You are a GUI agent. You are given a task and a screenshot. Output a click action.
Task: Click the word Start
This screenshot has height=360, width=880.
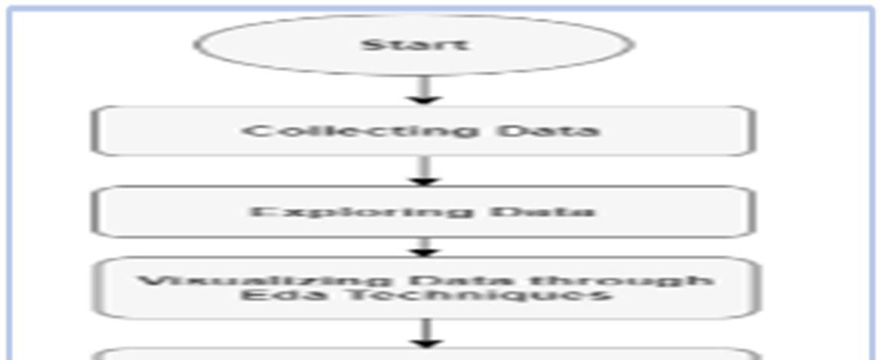(x=414, y=44)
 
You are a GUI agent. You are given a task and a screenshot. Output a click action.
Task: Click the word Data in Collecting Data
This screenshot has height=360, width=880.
(x=547, y=130)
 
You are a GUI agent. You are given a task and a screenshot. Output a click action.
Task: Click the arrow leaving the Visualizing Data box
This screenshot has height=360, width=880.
(x=427, y=332)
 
